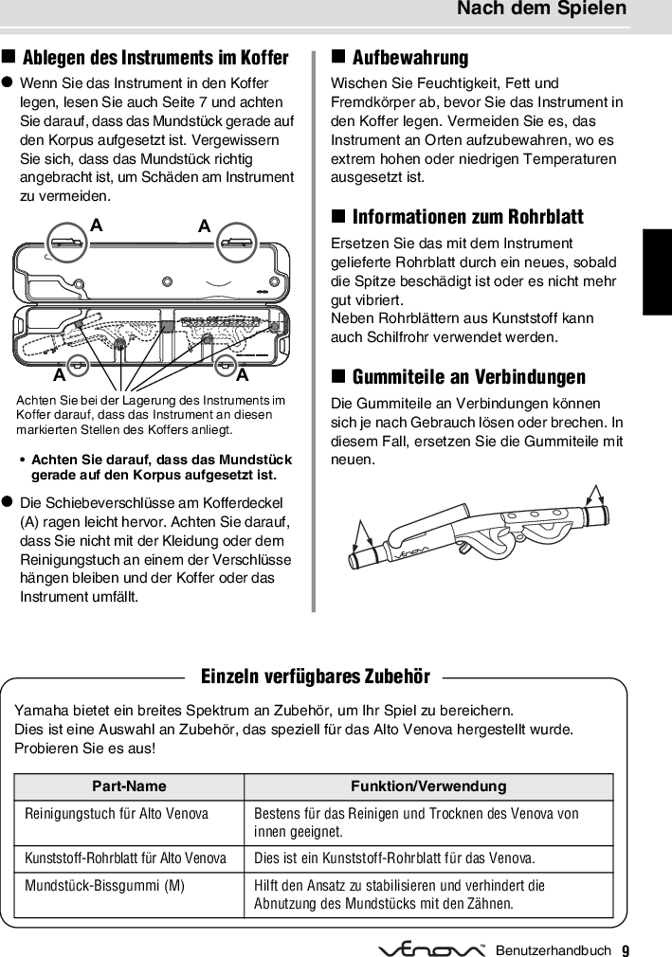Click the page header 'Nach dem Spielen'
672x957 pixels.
click(541, 9)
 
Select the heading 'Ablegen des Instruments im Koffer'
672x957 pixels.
click(155, 58)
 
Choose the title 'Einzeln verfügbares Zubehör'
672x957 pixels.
click(316, 677)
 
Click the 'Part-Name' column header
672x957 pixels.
click(129, 786)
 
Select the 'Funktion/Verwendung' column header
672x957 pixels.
click(428, 786)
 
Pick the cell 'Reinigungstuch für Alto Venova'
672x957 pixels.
click(117, 814)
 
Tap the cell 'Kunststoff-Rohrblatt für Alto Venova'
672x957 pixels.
click(126, 858)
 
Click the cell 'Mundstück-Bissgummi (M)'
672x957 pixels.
click(105, 886)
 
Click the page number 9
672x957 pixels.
click(626, 949)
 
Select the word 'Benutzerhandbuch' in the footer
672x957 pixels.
click(553, 949)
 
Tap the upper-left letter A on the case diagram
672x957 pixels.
click(96, 226)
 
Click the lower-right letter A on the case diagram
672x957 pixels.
click(243, 375)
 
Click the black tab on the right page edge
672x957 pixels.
click(657, 271)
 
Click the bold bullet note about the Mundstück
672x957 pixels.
click(161, 467)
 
